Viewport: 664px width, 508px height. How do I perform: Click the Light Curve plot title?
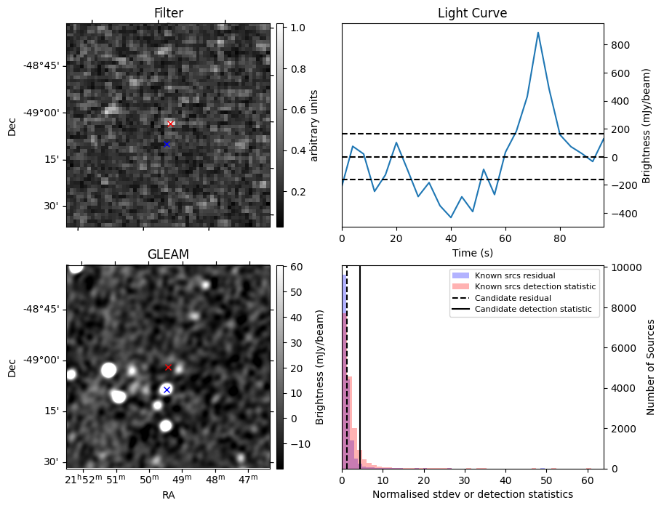pos(472,13)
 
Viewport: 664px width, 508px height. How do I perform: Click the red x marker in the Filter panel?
pos(170,124)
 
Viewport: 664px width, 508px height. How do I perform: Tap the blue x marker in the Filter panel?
pos(167,144)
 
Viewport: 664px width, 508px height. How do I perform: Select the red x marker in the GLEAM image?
pos(168,368)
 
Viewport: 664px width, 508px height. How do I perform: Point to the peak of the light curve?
pos(538,33)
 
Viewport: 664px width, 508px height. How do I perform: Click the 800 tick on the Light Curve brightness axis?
pos(620,45)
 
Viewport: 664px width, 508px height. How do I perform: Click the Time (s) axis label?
pos(472,251)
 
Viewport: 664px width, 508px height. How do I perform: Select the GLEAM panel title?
pos(168,254)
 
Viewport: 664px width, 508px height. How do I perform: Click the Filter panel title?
pos(168,13)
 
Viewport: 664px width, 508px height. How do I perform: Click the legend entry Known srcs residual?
pos(514,275)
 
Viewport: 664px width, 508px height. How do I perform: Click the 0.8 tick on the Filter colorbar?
pos(297,69)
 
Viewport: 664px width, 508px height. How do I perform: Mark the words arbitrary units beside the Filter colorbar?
pos(314,125)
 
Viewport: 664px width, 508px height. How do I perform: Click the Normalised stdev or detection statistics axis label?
pos(472,494)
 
